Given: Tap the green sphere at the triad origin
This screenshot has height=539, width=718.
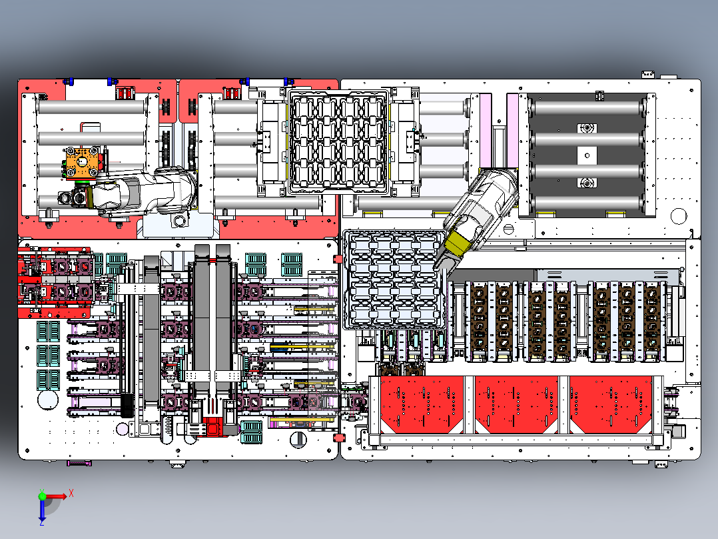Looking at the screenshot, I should [42, 496].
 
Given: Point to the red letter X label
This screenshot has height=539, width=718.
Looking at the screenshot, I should [71, 492].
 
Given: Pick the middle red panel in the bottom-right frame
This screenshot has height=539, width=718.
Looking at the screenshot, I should [517, 403].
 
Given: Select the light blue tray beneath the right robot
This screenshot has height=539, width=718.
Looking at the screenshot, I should [393, 280].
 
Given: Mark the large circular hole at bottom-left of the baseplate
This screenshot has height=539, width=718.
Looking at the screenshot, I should [48, 401].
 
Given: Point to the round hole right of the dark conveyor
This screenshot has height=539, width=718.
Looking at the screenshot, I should [678, 215].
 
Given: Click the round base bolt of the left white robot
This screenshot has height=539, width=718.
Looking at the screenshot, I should [178, 221].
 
